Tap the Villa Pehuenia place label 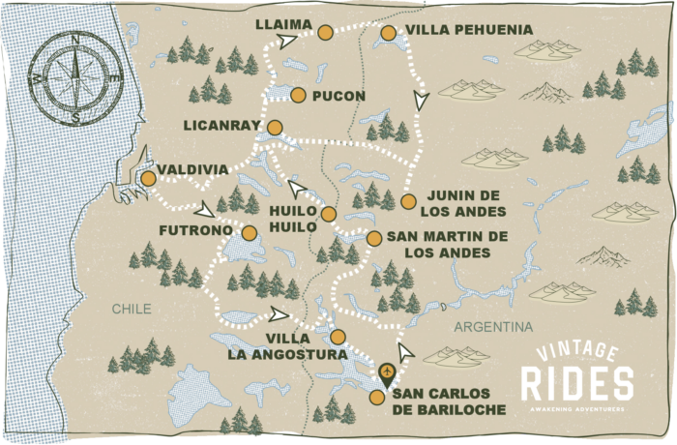click(x=469, y=30)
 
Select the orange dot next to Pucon click(x=298, y=95)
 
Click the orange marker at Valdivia click(x=148, y=178)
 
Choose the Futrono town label click(x=198, y=232)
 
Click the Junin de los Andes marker click(x=408, y=201)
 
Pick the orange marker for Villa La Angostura click(x=337, y=337)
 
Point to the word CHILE click(x=132, y=309)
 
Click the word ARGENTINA click(x=493, y=326)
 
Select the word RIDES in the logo click(x=577, y=384)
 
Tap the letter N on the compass click(x=75, y=36)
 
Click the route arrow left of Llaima click(x=287, y=41)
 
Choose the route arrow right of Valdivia click(x=205, y=210)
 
